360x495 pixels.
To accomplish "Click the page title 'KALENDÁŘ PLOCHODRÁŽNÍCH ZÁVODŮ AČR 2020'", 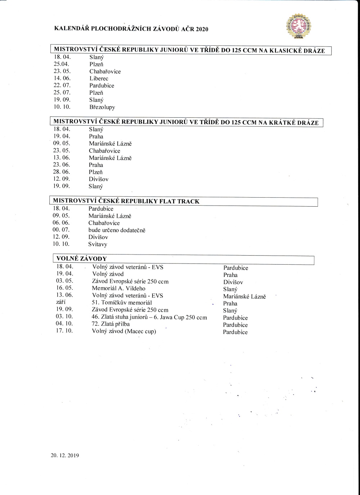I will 131,29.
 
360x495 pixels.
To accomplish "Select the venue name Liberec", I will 99,78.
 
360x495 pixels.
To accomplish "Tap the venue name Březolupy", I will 102,107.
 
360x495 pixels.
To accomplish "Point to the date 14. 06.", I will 62,78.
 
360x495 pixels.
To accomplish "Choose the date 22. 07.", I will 62,85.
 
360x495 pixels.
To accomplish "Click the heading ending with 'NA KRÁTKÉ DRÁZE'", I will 186,122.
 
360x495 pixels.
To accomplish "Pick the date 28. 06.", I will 62,172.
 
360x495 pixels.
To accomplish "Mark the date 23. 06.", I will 62,165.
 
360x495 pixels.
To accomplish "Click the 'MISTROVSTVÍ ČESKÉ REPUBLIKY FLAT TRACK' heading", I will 126,201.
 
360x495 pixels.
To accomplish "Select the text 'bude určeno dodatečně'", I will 117,230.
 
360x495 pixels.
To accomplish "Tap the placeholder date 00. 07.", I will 61,230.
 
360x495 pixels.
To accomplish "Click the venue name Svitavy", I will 98,244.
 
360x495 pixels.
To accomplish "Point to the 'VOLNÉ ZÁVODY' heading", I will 81,259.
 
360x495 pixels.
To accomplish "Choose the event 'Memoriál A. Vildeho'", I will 118,288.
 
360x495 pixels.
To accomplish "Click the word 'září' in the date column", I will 60,302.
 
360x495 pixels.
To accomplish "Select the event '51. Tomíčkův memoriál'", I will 122,303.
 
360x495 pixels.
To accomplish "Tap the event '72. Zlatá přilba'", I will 111,324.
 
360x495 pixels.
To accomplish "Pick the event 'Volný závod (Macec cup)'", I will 124,331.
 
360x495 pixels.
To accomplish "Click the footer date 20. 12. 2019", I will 65,455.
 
